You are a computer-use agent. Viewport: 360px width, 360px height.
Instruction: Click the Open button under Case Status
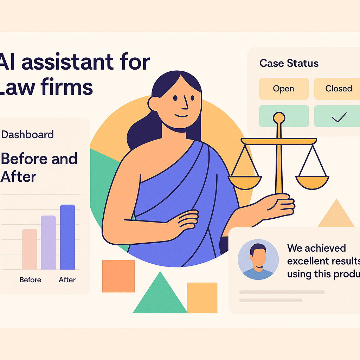point(283,89)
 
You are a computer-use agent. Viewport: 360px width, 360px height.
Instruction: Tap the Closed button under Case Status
point(338,89)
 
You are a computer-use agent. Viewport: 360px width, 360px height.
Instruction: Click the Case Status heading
point(289,63)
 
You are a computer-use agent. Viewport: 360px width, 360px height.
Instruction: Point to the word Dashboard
point(27,134)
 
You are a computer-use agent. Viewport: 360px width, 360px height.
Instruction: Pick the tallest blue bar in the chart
point(67,237)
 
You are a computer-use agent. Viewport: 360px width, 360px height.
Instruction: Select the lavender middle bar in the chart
point(49,243)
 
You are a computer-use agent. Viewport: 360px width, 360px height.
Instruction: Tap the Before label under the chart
point(30,280)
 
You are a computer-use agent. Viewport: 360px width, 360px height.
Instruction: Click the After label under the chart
point(67,280)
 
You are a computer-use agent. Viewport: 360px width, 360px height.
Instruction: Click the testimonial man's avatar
point(258,260)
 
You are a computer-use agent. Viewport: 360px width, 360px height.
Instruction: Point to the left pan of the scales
point(245,181)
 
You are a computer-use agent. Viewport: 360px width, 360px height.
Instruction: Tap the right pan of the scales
point(312,181)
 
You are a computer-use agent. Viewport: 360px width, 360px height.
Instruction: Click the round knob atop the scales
point(279,117)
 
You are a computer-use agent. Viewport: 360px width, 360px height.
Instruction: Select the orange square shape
point(118,276)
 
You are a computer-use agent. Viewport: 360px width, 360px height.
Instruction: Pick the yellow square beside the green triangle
point(202,297)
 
